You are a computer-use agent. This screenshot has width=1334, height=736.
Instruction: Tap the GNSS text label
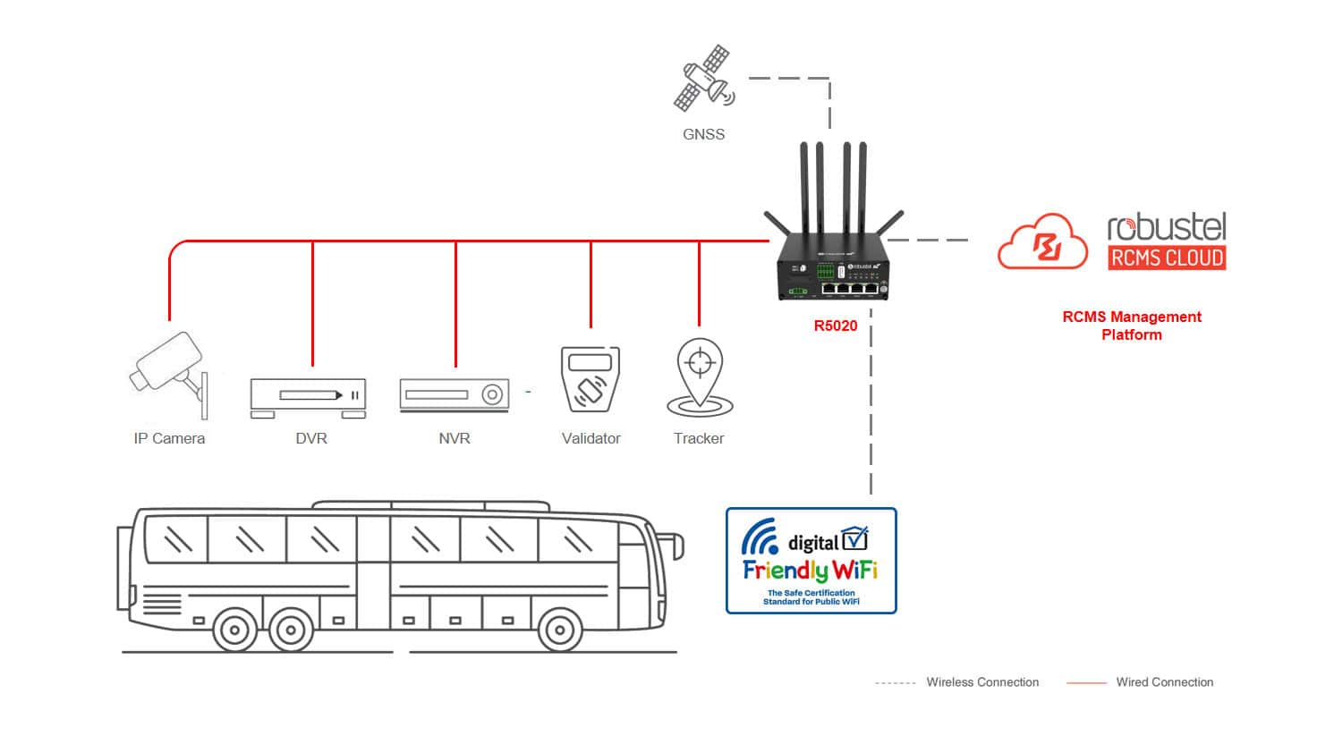(x=703, y=134)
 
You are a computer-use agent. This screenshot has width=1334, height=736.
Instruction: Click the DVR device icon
(x=308, y=397)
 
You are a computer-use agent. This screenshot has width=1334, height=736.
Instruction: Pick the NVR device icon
(x=455, y=395)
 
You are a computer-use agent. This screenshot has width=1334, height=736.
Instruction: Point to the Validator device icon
(x=591, y=380)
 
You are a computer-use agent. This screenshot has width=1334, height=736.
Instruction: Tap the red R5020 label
(x=835, y=326)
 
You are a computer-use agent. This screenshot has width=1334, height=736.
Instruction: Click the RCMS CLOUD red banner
(x=1167, y=258)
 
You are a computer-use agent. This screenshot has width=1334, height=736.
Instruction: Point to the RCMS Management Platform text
(x=1132, y=326)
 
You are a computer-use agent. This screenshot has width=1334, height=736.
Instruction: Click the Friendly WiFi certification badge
(x=811, y=561)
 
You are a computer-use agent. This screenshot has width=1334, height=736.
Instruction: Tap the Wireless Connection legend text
(x=982, y=682)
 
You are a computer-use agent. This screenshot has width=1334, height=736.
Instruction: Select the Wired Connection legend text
(x=1164, y=682)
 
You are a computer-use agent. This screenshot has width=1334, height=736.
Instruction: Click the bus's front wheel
(x=559, y=630)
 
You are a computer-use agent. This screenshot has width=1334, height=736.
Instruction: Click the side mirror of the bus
(x=674, y=545)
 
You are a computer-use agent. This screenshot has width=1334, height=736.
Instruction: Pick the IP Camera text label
(x=169, y=438)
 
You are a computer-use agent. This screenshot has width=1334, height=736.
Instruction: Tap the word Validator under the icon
(x=591, y=438)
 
